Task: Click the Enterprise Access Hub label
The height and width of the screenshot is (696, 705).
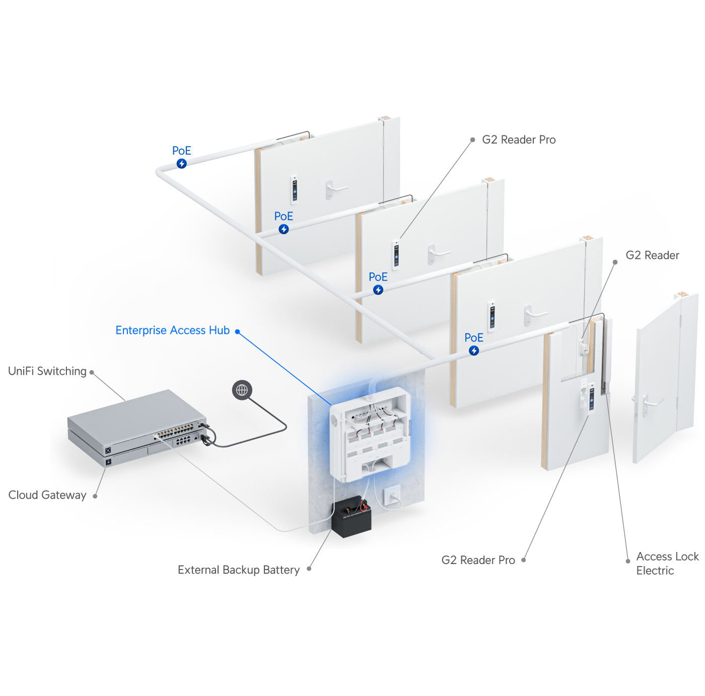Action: coord(172,330)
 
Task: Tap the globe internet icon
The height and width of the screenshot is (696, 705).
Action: coord(242,390)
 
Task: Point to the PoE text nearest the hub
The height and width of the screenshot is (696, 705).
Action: coord(474,338)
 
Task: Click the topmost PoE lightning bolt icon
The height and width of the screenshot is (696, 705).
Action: coord(182,164)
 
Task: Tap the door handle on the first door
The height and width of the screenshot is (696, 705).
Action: coord(333,188)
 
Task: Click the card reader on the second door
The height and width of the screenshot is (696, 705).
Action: coord(396,254)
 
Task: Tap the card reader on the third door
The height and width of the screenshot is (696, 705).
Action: coord(491,316)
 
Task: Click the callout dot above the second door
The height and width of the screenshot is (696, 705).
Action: coord(472,140)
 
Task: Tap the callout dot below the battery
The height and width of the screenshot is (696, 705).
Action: coord(309,569)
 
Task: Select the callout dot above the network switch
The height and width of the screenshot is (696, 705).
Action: coord(92,373)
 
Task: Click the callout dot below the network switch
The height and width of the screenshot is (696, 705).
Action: coord(95,496)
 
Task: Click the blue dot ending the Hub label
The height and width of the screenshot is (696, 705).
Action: coord(237,331)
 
